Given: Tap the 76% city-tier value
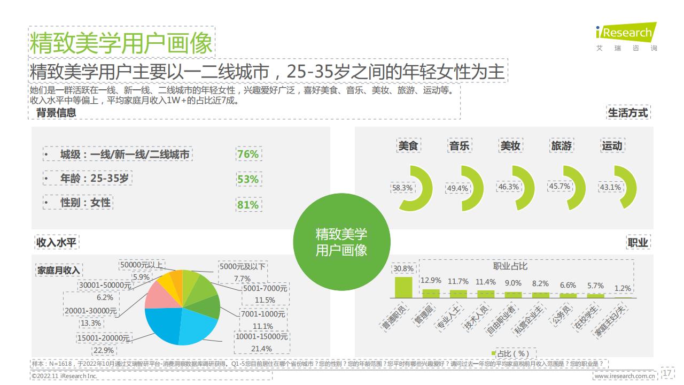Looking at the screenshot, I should click(x=247, y=155).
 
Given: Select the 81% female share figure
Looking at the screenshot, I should click(x=247, y=205).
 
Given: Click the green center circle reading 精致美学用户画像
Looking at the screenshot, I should click(x=341, y=242).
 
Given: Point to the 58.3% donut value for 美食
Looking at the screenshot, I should click(x=402, y=188).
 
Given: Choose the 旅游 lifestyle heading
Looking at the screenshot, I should click(x=561, y=145).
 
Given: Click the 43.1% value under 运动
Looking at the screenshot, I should click(x=610, y=187).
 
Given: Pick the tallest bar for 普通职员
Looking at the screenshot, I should click(x=403, y=287).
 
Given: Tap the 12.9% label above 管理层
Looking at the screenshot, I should click(x=431, y=280).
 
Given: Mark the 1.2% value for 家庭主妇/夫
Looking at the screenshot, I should click(x=623, y=288).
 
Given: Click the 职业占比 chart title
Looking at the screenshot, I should click(x=510, y=266).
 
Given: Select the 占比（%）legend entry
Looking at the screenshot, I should click(x=510, y=353).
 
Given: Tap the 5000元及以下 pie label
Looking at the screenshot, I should click(x=242, y=266).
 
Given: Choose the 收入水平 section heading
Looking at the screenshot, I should click(x=57, y=243).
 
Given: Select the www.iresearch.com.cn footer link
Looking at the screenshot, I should click(x=625, y=376).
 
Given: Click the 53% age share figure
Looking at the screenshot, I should click(x=247, y=179).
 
